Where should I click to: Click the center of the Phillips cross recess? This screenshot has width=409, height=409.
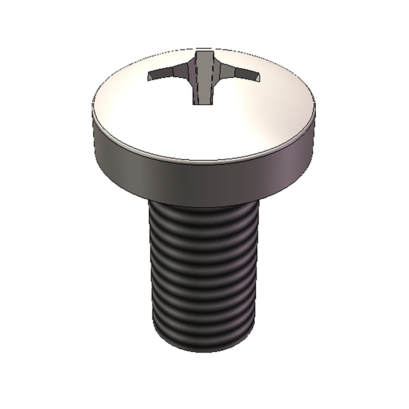pos(203,76)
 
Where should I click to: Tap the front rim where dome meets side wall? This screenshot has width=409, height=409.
pos(204,160)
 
